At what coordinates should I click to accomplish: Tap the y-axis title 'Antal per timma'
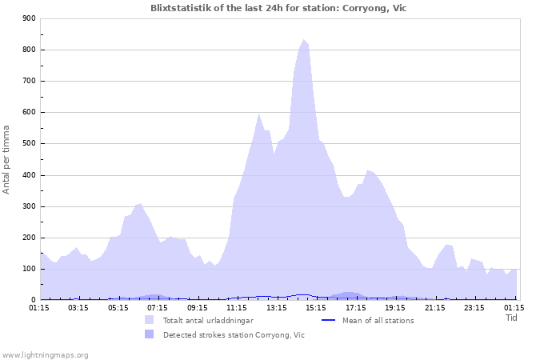6,159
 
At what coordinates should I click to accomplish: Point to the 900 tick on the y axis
30,18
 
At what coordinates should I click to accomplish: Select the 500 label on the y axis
30,144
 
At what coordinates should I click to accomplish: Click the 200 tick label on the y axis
30,238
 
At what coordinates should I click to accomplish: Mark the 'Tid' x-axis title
512,318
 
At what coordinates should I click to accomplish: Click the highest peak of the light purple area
304,39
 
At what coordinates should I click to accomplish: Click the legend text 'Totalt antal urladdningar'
207,321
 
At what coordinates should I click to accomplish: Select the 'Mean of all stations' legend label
378,321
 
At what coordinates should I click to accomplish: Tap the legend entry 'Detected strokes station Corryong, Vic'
234,335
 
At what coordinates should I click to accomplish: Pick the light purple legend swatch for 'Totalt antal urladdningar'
150,321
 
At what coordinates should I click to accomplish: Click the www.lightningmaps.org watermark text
45,354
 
